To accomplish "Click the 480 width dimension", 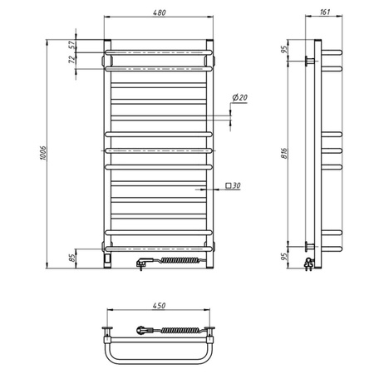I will pyautogui.click(x=159, y=12).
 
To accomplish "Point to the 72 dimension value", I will pyautogui.click(x=72, y=60).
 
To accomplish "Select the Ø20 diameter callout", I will pyautogui.click(x=240, y=98).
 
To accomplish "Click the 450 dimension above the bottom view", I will pyautogui.click(x=159, y=303).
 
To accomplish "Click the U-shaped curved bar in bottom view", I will pyautogui.click(x=159, y=359).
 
